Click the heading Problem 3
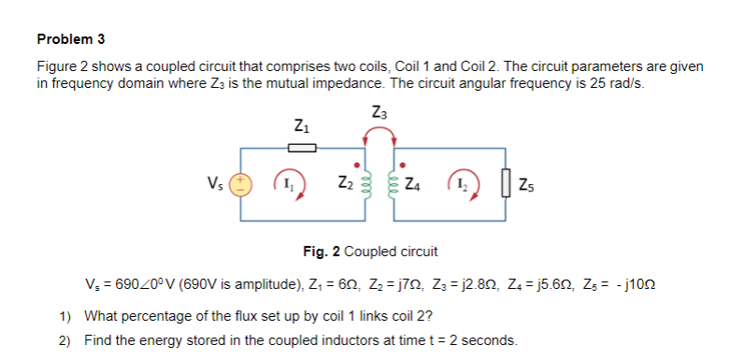[x=71, y=39]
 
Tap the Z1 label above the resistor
[x=299, y=125]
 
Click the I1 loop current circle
[x=285, y=182]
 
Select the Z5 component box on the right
[x=506, y=183]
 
